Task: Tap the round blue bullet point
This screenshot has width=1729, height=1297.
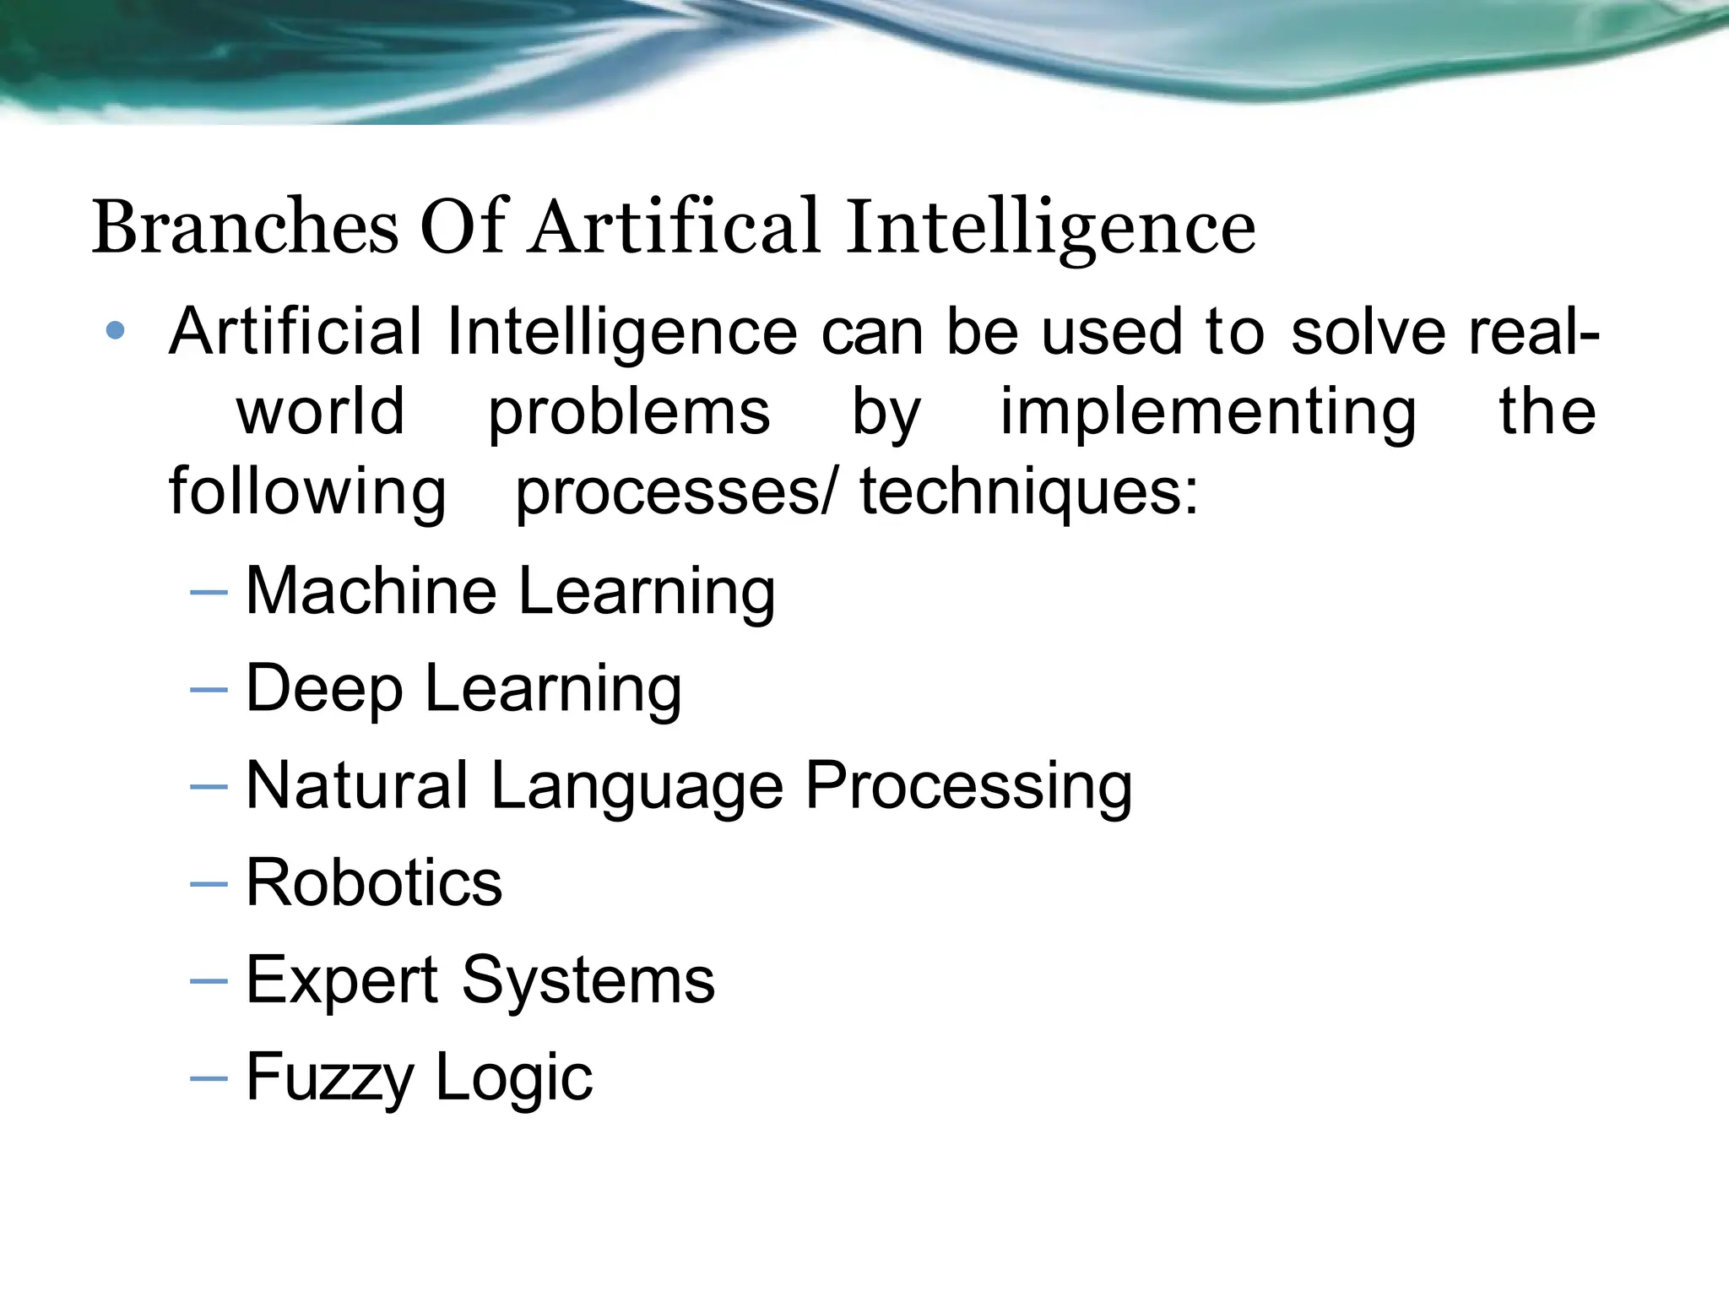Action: [x=116, y=331]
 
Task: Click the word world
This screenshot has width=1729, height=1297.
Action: [x=320, y=411]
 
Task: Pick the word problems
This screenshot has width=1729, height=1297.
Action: [x=629, y=411]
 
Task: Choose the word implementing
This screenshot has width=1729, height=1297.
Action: [x=1208, y=411]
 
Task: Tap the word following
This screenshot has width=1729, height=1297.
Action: [x=307, y=491]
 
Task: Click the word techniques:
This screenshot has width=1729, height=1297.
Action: [x=1029, y=491]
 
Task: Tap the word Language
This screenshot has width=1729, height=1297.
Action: [x=637, y=785]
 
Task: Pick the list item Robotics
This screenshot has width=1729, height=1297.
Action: [x=374, y=882]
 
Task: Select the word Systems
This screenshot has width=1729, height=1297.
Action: [x=588, y=980]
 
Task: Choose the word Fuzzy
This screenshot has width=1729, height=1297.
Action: [x=329, y=1077]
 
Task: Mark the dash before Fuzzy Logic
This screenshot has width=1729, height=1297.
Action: [x=209, y=1078]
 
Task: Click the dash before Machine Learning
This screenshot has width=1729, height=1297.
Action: [x=209, y=592]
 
